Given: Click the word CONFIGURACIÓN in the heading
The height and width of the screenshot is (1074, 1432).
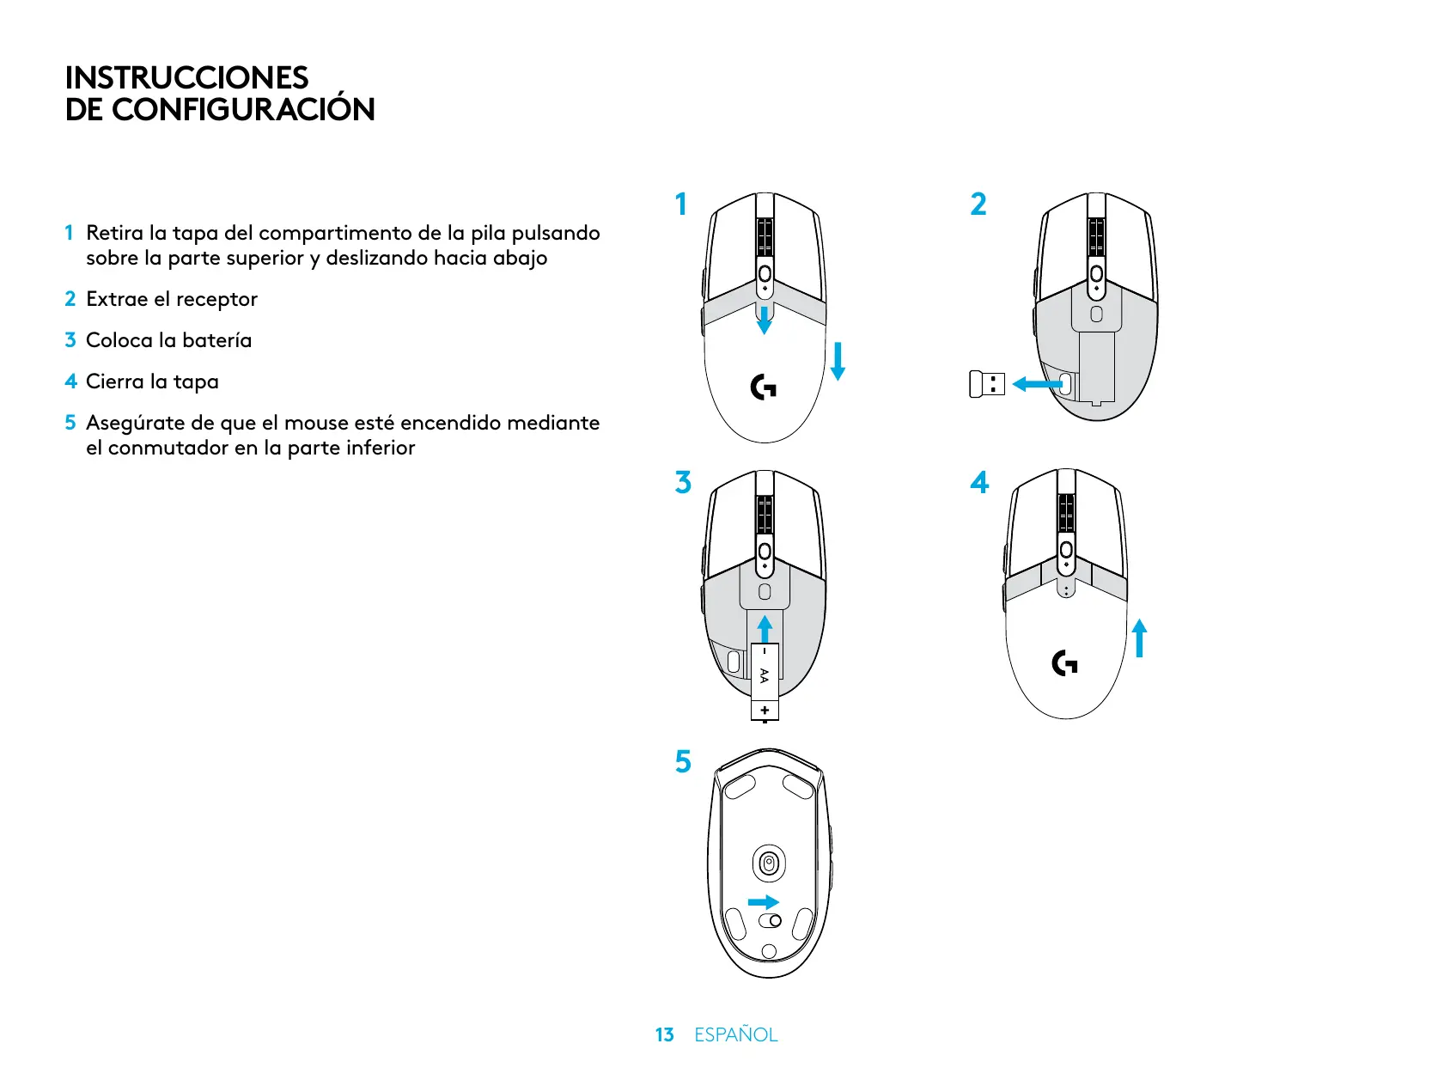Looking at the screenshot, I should pyautogui.click(x=243, y=110).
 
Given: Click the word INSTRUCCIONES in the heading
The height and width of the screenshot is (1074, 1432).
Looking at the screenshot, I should pyautogui.click(x=186, y=77).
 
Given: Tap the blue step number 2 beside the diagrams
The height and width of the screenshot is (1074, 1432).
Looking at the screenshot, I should pyautogui.click(x=978, y=204).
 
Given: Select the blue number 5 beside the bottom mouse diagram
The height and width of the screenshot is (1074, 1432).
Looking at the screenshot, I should pyautogui.click(x=683, y=761).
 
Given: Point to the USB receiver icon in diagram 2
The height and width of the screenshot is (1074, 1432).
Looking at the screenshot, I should pyautogui.click(x=986, y=384).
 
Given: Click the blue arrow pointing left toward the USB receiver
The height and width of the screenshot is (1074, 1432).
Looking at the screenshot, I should pyautogui.click(x=1036, y=384).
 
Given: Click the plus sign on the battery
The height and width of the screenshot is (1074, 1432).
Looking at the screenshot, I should pyautogui.click(x=765, y=711).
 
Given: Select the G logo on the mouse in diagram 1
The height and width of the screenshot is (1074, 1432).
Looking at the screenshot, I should pyautogui.click(x=763, y=387).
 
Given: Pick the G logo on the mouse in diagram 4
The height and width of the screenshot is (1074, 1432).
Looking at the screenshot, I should pyautogui.click(x=1064, y=663).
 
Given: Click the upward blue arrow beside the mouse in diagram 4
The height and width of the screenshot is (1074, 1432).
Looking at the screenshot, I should pyautogui.click(x=1140, y=638).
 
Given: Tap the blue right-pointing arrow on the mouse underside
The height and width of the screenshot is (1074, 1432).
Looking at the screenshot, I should pyautogui.click(x=763, y=901).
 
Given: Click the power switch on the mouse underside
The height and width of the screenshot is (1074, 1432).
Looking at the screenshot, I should pyautogui.click(x=771, y=921).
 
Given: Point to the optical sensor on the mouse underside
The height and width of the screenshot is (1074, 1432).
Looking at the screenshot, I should pyautogui.click(x=769, y=863).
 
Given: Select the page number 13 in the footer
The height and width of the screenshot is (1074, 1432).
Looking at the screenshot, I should pyautogui.click(x=664, y=1034).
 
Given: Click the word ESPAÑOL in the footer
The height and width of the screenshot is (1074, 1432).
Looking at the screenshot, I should pyautogui.click(x=735, y=1034).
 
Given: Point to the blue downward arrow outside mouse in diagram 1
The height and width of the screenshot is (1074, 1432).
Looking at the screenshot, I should pyautogui.click(x=838, y=361).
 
